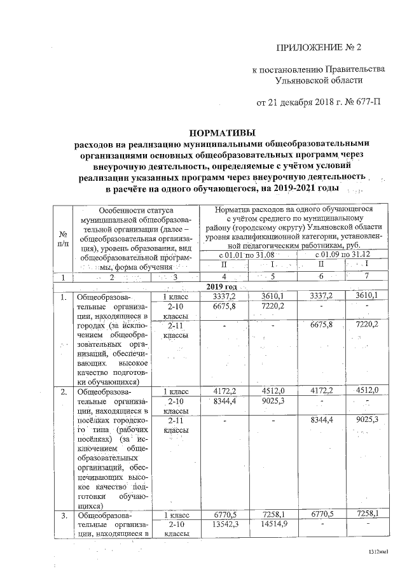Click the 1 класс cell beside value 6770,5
174,514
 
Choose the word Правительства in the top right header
355,69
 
